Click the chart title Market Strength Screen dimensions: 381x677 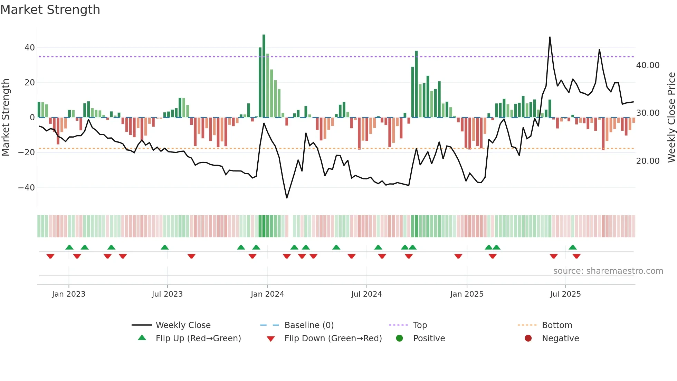tap(50, 10)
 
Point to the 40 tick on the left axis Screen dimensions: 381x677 tap(30, 48)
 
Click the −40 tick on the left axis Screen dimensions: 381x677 tap(27, 188)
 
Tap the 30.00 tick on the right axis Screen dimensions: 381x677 tap(648, 113)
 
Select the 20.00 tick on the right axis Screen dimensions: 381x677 tap(648, 161)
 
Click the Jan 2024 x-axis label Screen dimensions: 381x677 tap(267, 294)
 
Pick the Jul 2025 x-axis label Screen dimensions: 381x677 tap(565, 294)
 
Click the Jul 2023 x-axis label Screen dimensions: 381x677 tap(167, 294)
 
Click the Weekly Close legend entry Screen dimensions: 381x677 tap(183, 325)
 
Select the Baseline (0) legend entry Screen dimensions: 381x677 tap(309, 325)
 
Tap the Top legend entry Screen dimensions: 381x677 tap(420, 325)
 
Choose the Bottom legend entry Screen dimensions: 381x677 tap(557, 325)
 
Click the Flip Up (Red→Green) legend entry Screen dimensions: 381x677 tap(198, 338)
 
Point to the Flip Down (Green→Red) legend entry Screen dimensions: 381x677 tap(333, 338)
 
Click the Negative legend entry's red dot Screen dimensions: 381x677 tap(528, 338)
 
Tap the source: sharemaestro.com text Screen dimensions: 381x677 tap(608, 271)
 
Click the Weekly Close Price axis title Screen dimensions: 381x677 tap(671, 118)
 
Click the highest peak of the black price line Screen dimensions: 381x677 tap(550, 37)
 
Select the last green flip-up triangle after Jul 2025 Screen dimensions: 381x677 tap(573, 247)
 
